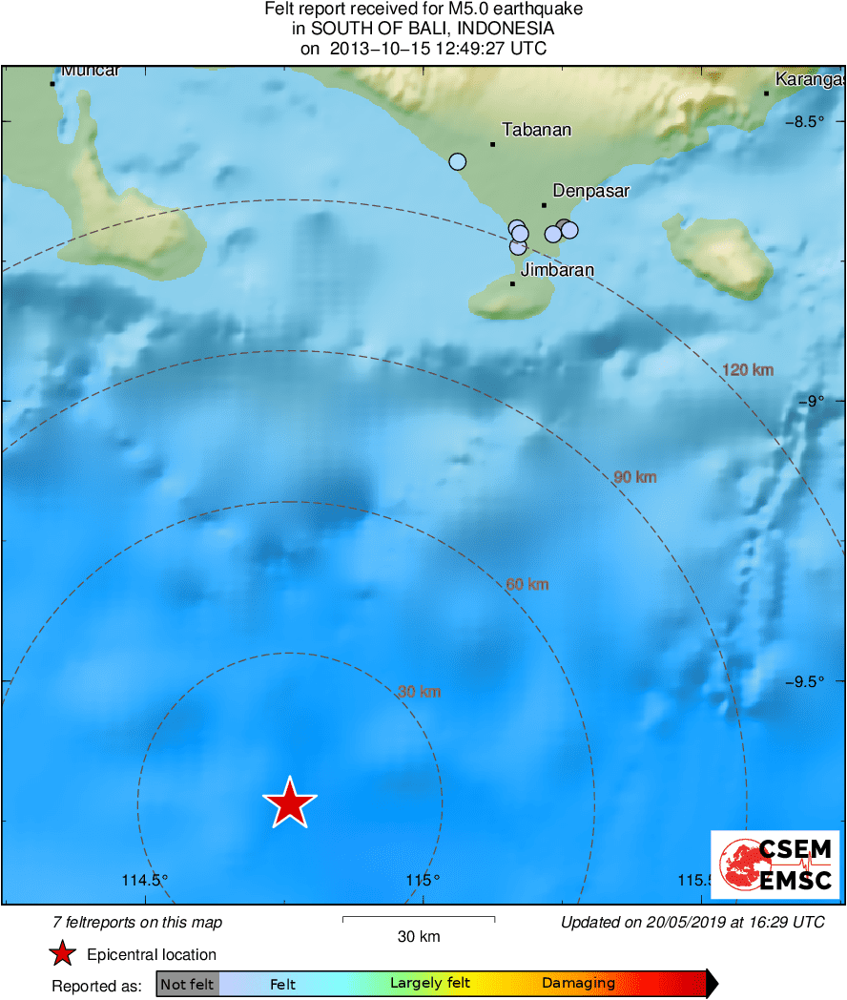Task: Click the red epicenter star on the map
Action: coord(289,802)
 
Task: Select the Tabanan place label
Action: coord(536,130)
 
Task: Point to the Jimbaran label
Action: coord(557,270)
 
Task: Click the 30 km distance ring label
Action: coord(419,692)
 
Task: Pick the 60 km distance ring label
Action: coord(527,584)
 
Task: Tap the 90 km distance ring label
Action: coord(634,476)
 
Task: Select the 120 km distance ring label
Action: coord(747,370)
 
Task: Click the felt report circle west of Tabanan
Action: coord(458,161)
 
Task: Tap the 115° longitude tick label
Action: coord(422,880)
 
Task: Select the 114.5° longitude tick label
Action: coord(145,880)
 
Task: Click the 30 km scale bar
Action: coord(418,920)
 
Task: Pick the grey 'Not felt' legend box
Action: coord(187,984)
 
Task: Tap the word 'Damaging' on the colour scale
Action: coord(578,984)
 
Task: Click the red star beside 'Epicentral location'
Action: coord(63,954)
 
